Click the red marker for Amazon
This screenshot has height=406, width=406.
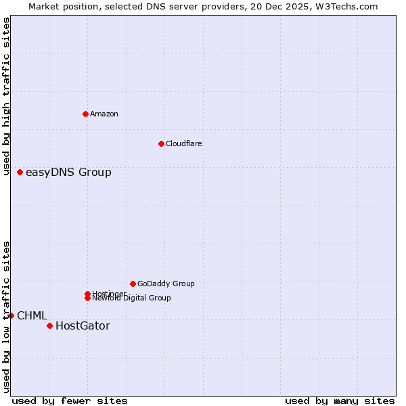tap(86, 114)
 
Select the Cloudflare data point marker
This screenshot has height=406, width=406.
tap(161, 143)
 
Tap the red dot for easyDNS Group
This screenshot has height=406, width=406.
tap(20, 173)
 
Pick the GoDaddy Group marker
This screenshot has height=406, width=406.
tap(133, 284)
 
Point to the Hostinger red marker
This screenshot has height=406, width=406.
tap(88, 294)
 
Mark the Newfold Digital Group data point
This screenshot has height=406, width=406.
tap(88, 298)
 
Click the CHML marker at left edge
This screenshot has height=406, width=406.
tap(12, 315)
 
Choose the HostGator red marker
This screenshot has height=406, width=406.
tap(49, 326)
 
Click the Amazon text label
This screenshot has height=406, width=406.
tap(104, 114)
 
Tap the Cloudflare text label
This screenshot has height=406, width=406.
tap(184, 143)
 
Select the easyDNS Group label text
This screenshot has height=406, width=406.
tap(68, 173)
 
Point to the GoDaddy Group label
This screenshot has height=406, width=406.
tap(166, 284)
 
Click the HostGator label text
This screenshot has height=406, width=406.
tap(83, 326)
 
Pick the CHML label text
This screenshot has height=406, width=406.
tap(32, 316)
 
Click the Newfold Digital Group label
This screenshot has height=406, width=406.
tap(133, 298)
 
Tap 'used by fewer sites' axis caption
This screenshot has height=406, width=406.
tap(70, 401)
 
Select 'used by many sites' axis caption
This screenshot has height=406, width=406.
tap(340, 401)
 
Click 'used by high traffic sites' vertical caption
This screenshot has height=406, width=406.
tap(6, 96)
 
